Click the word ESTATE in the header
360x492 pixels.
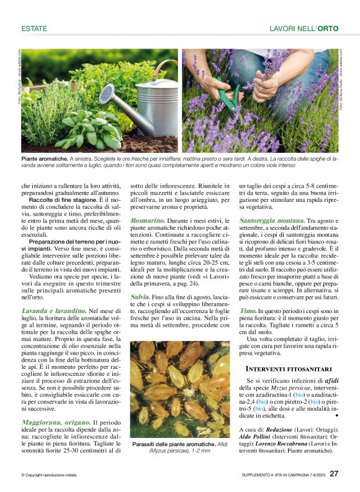[35, 29]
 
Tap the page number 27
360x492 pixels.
[334, 474]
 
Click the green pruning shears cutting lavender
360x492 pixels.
[230, 99]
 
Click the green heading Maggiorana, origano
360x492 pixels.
[56, 422]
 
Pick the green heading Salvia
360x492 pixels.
[140, 297]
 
